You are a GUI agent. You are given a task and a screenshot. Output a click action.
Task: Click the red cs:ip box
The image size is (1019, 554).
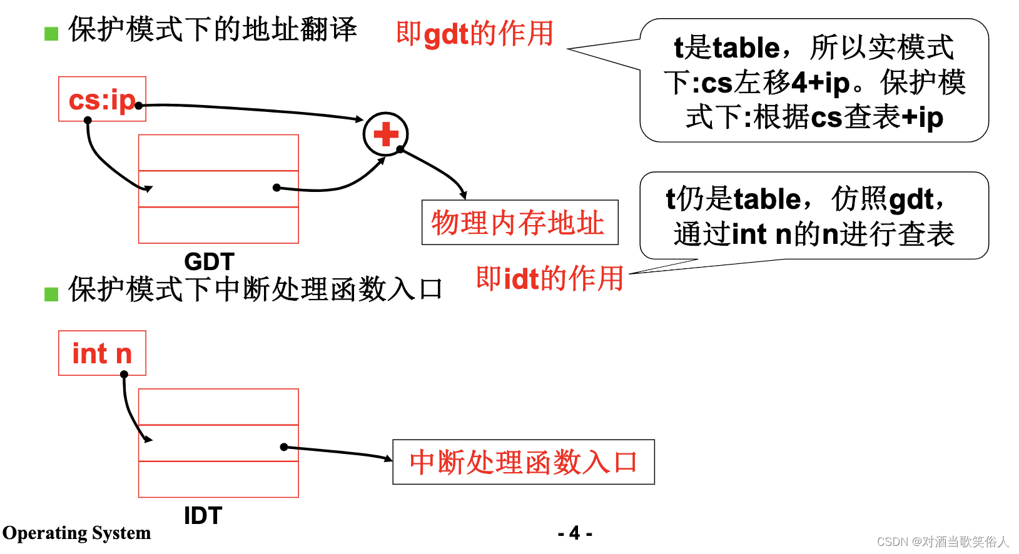[102, 99]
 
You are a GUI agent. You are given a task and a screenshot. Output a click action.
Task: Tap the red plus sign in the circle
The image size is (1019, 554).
[386, 134]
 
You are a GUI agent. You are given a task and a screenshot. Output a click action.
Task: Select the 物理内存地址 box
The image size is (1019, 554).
[519, 223]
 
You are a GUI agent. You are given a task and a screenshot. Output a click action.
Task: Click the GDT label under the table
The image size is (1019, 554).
[209, 261]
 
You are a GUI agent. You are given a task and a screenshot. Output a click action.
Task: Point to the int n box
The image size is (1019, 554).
[102, 353]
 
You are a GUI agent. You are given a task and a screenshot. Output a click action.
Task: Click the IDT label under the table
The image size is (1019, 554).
[203, 516]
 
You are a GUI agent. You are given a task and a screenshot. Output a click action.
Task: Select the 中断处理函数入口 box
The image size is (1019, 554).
[523, 462]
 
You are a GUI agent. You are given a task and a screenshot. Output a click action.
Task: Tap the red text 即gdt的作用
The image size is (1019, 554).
[475, 34]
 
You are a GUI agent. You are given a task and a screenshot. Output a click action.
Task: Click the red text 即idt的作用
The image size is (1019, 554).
[550, 278]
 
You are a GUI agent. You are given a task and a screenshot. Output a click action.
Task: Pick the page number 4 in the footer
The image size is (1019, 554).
[575, 533]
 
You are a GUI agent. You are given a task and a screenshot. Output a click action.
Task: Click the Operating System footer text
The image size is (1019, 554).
[77, 533]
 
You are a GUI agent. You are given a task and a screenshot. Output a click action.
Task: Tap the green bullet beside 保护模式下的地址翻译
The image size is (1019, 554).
[51, 33]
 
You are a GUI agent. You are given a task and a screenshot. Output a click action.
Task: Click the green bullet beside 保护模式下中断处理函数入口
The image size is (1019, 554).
[51, 294]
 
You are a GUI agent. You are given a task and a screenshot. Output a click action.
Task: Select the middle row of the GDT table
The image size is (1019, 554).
[218, 189]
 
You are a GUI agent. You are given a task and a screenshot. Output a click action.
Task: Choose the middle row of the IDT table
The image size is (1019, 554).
[218, 443]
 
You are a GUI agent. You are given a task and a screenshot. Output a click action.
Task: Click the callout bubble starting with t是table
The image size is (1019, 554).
[814, 81]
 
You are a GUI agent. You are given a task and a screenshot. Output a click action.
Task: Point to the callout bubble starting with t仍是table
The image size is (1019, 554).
[814, 216]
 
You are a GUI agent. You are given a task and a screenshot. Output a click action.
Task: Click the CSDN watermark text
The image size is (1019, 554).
[943, 541]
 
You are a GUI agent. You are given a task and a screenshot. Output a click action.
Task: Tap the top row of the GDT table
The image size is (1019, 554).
[218, 153]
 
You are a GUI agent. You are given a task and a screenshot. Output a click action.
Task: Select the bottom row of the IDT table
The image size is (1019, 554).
[218, 480]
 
